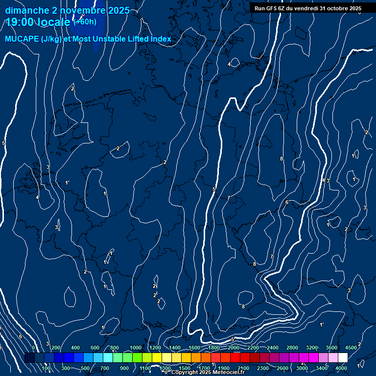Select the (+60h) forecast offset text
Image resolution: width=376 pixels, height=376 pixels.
point(85,22)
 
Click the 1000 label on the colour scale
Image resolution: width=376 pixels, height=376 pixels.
point(135,348)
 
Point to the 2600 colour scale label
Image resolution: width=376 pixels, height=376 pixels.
point(283,368)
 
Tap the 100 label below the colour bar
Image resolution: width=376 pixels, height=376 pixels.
point(46,368)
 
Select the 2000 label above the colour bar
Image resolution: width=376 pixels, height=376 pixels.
point(234,348)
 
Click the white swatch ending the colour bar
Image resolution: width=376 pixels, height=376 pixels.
point(343,358)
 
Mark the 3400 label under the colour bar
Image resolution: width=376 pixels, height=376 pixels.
point(322,368)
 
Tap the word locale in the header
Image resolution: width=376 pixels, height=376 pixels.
point(55,22)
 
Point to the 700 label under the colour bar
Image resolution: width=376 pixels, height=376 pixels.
point(105,368)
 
